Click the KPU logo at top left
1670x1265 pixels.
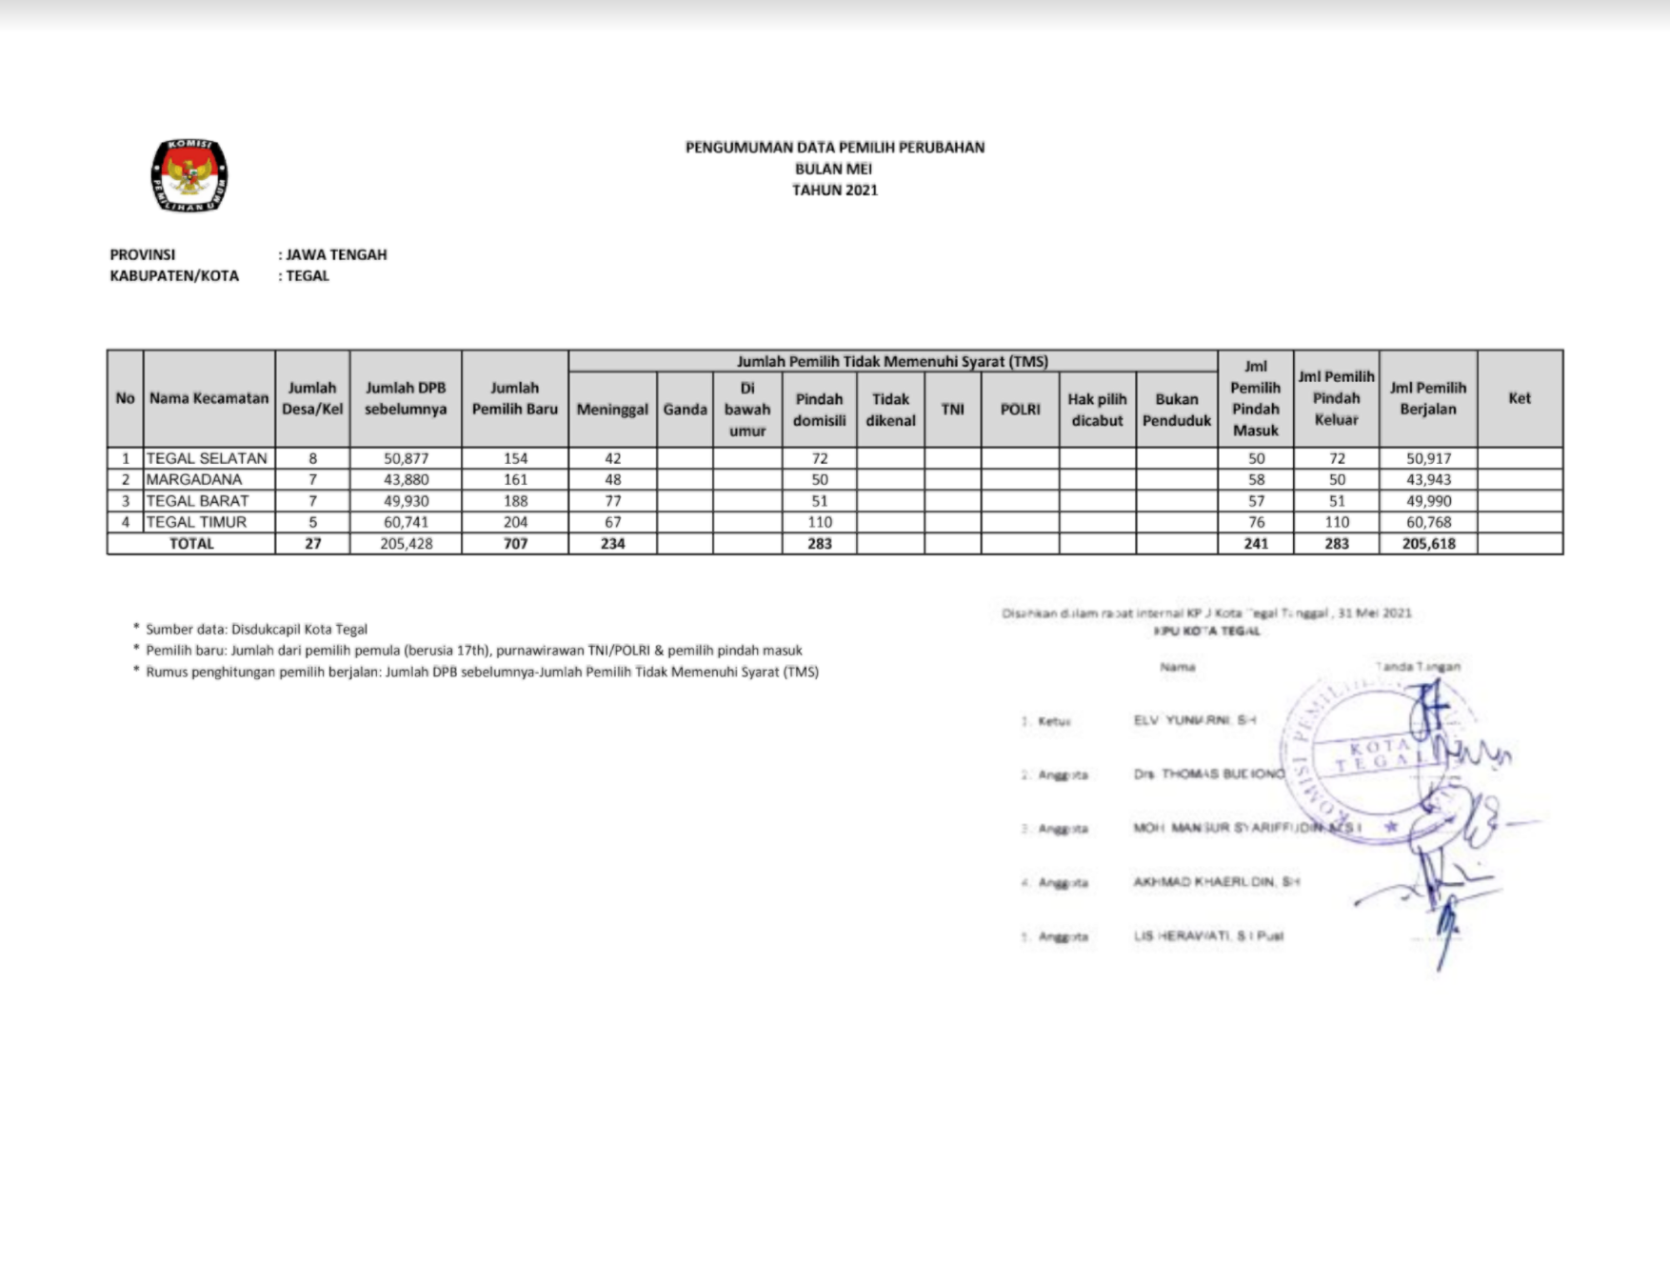(x=189, y=176)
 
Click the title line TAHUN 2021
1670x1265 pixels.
(x=835, y=191)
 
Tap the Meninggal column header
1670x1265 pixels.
(x=612, y=410)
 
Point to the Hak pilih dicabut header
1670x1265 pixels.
(x=1097, y=410)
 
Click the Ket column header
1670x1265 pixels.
(x=1520, y=398)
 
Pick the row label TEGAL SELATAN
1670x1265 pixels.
(x=207, y=458)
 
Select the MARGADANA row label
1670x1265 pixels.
(x=194, y=479)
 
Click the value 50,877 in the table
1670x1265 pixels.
(x=407, y=458)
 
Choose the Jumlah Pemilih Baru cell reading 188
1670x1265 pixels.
(x=515, y=501)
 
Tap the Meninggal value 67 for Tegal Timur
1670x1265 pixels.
(x=613, y=522)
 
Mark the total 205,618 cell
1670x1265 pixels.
(x=1428, y=544)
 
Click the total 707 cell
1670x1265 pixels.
(x=515, y=544)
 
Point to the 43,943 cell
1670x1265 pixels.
(x=1428, y=479)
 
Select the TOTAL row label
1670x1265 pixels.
(x=191, y=544)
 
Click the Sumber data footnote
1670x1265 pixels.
(x=256, y=629)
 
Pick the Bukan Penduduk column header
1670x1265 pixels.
(x=1177, y=410)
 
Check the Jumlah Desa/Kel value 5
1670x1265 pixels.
(x=312, y=522)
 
